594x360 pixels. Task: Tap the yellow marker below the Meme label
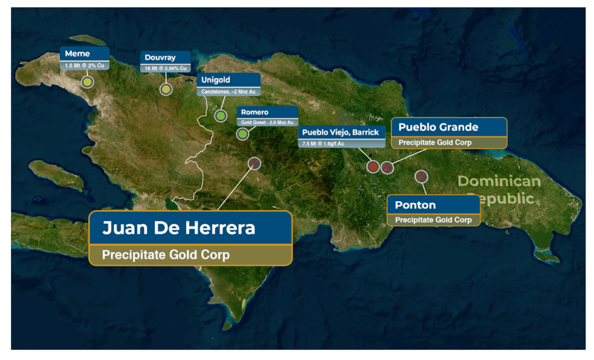[x=87, y=82]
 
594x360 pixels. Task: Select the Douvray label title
[x=160, y=58]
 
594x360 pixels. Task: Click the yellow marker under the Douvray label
[x=165, y=89]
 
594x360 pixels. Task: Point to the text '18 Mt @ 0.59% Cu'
[x=165, y=68]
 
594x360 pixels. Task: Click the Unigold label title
[x=216, y=80]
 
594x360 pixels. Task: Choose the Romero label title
[x=255, y=112]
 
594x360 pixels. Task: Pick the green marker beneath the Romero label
[x=242, y=133]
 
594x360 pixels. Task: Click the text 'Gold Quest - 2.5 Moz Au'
[x=267, y=122]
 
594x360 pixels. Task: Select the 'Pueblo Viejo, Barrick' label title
[x=341, y=133]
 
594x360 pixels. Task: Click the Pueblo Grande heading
[x=438, y=127]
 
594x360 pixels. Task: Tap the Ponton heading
[x=415, y=205]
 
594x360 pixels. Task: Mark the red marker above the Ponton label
[x=421, y=176]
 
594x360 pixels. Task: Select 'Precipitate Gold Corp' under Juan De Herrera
[x=165, y=255]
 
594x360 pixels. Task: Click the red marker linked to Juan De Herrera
[x=255, y=162]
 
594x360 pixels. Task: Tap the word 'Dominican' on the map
[x=498, y=181]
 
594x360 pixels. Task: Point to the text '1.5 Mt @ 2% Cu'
[x=84, y=65]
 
